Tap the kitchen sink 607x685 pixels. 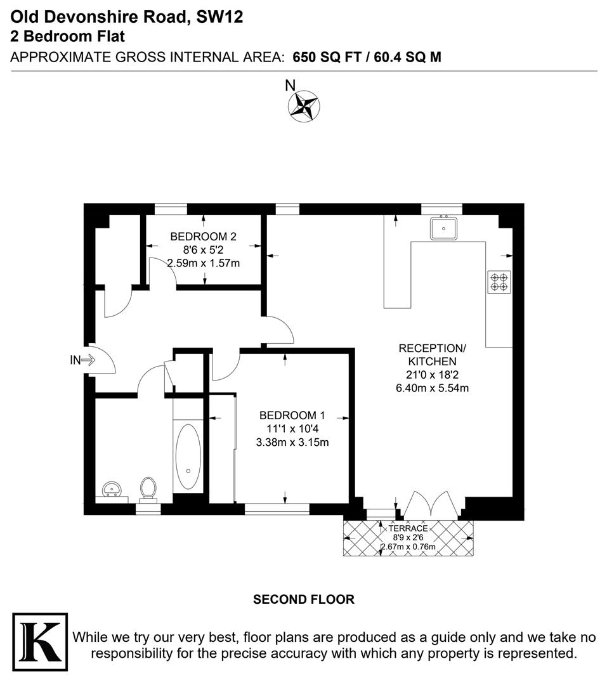tap(444, 228)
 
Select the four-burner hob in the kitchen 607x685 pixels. tap(499, 281)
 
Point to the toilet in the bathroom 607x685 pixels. tap(148, 489)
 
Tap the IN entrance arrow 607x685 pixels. tap(83, 360)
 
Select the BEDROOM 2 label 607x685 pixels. tap(203, 237)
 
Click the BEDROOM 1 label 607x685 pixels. tap(292, 415)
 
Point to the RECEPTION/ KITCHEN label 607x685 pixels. tap(432, 355)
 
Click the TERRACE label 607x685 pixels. tap(408, 528)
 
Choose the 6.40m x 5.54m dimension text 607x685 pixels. tap(432, 388)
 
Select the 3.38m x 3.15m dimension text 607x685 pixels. tap(292, 442)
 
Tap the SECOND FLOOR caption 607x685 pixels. tap(304, 599)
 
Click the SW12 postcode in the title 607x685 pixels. tap(219, 18)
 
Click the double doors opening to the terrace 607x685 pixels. tap(430, 504)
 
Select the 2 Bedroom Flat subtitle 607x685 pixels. tap(69, 36)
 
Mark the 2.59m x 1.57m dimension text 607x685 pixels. tap(203, 263)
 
